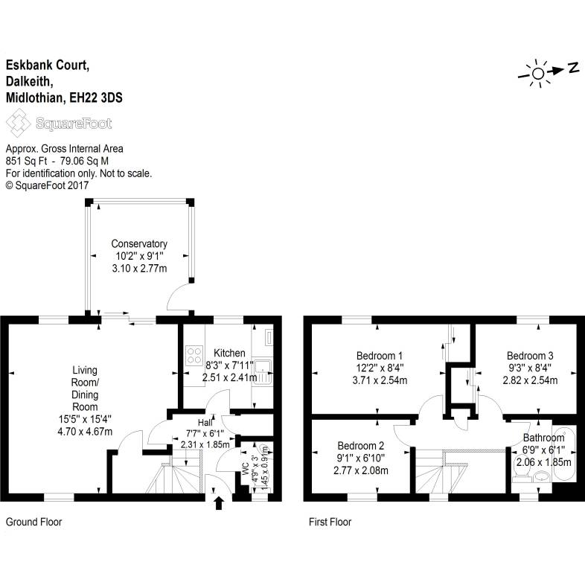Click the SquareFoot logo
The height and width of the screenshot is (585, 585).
click(59, 123)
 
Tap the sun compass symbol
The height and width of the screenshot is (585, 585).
click(537, 71)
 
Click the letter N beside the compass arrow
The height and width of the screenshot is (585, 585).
click(573, 68)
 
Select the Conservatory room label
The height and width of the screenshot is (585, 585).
click(139, 243)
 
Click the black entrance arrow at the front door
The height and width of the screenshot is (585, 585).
click(219, 503)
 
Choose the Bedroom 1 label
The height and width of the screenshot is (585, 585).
click(380, 355)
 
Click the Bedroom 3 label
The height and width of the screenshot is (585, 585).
click(530, 355)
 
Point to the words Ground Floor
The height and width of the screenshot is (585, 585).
click(33, 522)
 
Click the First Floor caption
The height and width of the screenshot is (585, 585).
click(330, 522)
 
